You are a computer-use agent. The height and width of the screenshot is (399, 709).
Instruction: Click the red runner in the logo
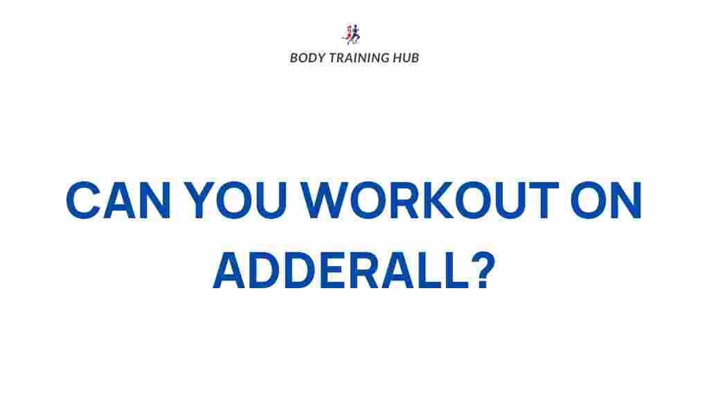tap(348, 33)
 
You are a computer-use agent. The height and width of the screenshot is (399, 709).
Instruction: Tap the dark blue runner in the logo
tap(355, 35)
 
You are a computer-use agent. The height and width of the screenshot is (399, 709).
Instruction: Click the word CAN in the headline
tap(118, 200)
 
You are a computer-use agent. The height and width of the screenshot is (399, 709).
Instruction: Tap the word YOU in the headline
tap(235, 200)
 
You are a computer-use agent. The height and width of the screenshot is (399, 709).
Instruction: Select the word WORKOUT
tap(430, 200)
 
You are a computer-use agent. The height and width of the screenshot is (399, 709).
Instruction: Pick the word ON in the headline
tap(607, 200)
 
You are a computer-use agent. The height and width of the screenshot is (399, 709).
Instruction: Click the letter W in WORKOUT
tap(325, 200)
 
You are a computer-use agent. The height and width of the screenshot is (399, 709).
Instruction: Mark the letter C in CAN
tap(83, 200)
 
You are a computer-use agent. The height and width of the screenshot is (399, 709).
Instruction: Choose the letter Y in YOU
tap(200, 200)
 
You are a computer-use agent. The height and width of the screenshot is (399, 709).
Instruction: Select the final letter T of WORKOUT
tap(543, 200)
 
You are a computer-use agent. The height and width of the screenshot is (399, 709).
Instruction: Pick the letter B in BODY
tap(294, 58)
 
